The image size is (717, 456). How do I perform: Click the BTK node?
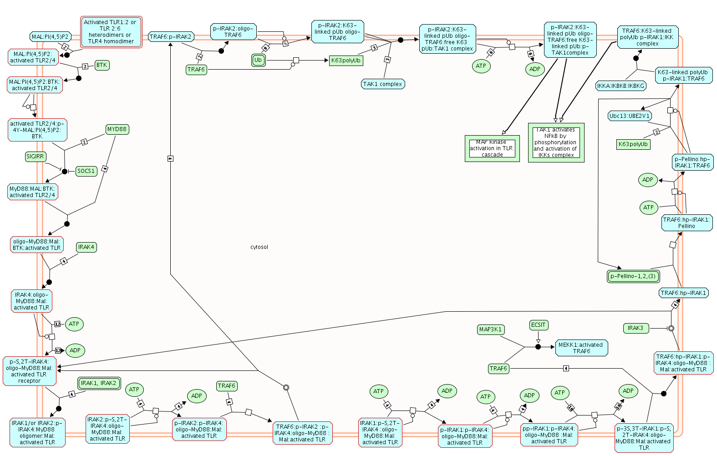102,65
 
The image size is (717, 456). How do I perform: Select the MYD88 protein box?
117,129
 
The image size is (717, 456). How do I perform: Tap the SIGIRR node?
35,157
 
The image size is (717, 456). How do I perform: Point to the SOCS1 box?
86,171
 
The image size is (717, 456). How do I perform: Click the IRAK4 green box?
86,247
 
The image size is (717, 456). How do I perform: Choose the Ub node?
258,60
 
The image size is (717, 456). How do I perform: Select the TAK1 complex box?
382,84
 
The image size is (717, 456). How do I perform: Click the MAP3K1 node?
490,329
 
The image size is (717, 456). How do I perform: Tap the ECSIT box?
538,325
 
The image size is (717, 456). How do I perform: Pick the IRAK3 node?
635,328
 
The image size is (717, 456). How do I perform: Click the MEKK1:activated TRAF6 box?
581,348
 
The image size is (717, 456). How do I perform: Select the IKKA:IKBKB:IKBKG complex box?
620,86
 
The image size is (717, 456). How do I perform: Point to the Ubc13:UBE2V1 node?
630,116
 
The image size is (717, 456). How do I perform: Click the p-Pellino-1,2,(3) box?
633,276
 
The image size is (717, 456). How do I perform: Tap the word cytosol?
259,247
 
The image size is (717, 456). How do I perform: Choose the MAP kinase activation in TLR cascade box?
492,148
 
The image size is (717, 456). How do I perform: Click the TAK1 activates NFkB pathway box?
555,142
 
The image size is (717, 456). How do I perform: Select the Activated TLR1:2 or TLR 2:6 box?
111,32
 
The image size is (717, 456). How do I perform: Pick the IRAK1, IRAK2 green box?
99,383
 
